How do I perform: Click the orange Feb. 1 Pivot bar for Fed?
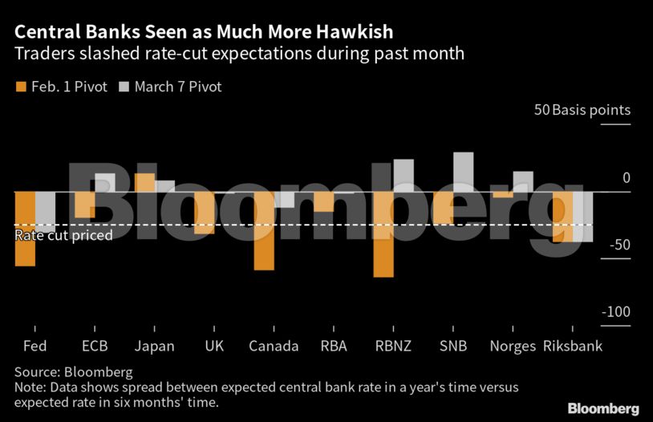[25, 229]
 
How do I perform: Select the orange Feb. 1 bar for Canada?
[264, 231]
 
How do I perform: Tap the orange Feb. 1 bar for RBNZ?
[383, 234]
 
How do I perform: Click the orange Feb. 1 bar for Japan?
[144, 183]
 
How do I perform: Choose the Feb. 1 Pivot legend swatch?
[21, 86]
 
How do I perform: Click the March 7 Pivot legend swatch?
[124, 86]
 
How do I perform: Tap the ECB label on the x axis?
[95, 347]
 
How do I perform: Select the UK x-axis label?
[214, 347]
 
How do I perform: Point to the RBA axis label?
[333, 347]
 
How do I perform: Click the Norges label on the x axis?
[513, 347]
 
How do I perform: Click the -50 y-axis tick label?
[620, 245]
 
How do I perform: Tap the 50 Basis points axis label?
[582, 110]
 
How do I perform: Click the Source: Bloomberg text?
[74, 372]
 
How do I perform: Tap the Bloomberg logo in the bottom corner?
[603, 408]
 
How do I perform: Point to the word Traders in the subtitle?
[39, 55]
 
